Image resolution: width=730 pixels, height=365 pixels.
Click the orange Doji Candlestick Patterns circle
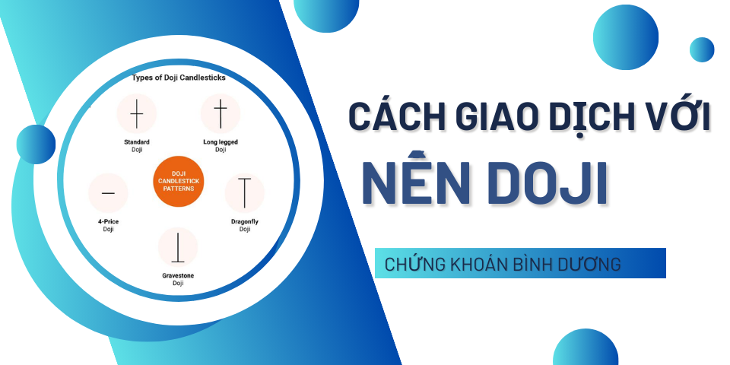[x=178, y=181]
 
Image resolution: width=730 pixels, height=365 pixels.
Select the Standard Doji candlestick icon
[x=136, y=113]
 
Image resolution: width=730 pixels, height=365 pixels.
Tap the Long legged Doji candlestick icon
[x=221, y=113]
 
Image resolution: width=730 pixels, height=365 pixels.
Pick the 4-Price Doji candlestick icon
[x=108, y=192]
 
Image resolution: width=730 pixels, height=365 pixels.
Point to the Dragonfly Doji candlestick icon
[x=244, y=192]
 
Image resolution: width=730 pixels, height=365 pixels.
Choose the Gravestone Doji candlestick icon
[x=178, y=246]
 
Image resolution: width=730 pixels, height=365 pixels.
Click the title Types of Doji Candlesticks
[x=179, y=78]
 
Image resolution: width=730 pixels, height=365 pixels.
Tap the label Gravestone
[x=178, y=275]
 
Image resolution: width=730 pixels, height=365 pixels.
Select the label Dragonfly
[x=244, y=221]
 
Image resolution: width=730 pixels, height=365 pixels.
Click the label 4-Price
[x=108, y=221]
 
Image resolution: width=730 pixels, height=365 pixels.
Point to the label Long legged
[x=221, y=142]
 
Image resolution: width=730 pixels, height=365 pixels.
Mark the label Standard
[x=137, y=142]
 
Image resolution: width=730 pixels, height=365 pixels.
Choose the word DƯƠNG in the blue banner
[x=592, y=264]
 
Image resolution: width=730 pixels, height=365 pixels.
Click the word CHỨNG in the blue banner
[x=415, y=264]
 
